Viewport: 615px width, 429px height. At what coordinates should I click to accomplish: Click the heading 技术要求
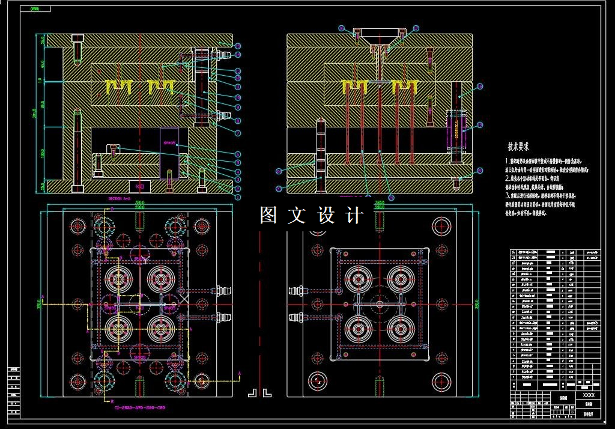point(518,146)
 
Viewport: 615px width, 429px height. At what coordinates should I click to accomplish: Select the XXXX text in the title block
point(589,395)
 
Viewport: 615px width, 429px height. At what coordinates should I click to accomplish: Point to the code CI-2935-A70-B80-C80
point(139,407)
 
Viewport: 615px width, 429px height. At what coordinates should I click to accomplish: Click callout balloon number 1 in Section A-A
point(238,197)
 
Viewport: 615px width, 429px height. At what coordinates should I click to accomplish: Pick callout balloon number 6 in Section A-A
point(238,154)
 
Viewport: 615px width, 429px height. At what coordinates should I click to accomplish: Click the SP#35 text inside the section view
point(169,144)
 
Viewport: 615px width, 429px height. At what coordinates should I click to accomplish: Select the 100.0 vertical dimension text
point(42,153)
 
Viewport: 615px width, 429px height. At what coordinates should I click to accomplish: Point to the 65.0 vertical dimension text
point(42,63)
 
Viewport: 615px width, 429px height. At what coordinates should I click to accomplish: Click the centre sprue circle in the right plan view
point(379,305)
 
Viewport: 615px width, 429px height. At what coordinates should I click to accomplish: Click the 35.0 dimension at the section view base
point(42,186)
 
